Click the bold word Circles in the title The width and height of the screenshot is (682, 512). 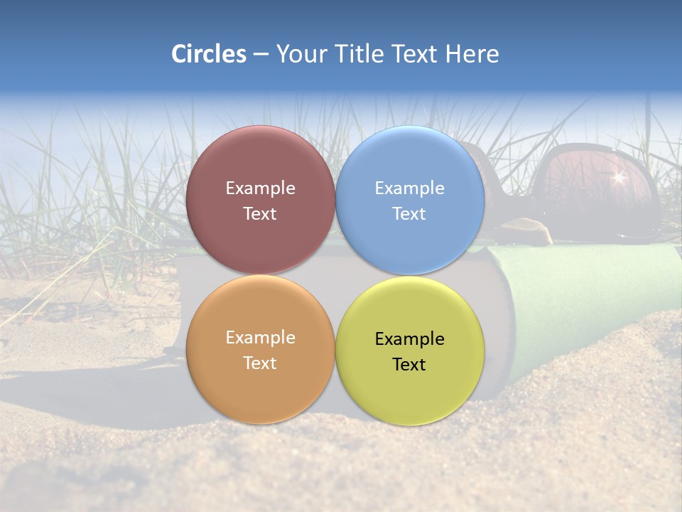point(209,54)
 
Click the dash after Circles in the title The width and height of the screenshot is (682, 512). point(261,55)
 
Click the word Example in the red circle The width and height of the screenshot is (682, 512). point(260,188)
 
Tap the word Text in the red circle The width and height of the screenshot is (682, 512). point(260,214)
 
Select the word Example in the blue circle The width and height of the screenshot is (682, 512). point(409,188)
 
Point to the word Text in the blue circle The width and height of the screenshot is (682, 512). point(409,214)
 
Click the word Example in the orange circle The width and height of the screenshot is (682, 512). point(260,338)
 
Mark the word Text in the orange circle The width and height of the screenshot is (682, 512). point(260,363)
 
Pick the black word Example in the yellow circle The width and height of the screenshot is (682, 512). point(409,339)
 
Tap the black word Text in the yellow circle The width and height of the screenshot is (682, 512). point(409,365)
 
